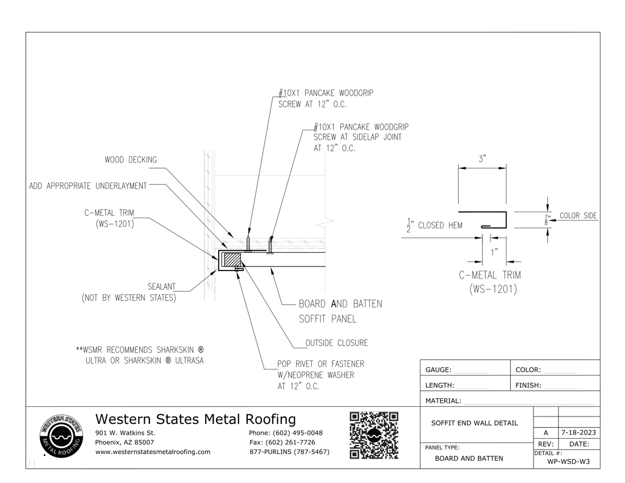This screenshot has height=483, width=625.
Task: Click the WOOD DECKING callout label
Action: coord(130,160)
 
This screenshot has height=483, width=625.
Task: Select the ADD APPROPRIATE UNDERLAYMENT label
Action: coord(88,186)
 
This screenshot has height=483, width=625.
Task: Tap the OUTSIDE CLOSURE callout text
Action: coord(336,343)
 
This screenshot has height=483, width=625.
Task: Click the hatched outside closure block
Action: coord(231,260)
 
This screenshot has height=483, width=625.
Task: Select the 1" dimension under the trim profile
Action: coord(494,251)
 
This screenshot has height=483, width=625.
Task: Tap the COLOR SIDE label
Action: coord(578,216)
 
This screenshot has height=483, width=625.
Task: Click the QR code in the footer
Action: coord(373,435)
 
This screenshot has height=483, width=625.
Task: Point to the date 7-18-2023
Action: coord(578,432)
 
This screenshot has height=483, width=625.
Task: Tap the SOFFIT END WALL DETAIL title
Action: coord(474,423)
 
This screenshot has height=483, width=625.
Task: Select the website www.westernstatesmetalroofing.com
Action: coord(153,452)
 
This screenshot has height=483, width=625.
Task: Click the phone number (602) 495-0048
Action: coord(286,433)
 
